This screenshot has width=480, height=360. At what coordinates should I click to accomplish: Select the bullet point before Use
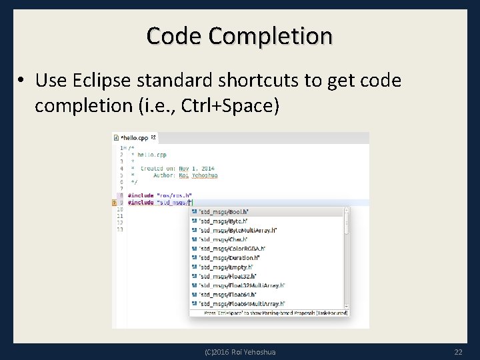(22, 81)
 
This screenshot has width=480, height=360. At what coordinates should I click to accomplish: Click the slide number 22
(457, 351)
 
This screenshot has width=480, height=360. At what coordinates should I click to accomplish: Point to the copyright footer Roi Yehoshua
(240, 351)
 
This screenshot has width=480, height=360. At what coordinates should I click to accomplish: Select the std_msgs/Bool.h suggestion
(224, 211)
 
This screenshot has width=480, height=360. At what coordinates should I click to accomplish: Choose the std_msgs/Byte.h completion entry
(224, 221)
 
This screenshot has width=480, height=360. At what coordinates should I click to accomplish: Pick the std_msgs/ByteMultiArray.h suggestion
(237, 230)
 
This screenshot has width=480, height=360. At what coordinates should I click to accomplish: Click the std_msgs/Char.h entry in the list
(224, 239)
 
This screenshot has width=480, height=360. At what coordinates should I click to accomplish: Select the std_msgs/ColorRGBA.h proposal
(231, 248)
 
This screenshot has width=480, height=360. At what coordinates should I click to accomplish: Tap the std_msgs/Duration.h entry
(229, 257)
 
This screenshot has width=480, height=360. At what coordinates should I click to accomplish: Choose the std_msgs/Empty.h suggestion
(227, 266)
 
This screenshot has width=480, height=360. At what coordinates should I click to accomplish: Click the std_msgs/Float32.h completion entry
(228, 275)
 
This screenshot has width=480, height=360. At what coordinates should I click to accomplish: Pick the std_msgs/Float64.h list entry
(228, 293)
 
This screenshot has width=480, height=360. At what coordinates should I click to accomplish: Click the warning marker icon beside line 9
(115, 202)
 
